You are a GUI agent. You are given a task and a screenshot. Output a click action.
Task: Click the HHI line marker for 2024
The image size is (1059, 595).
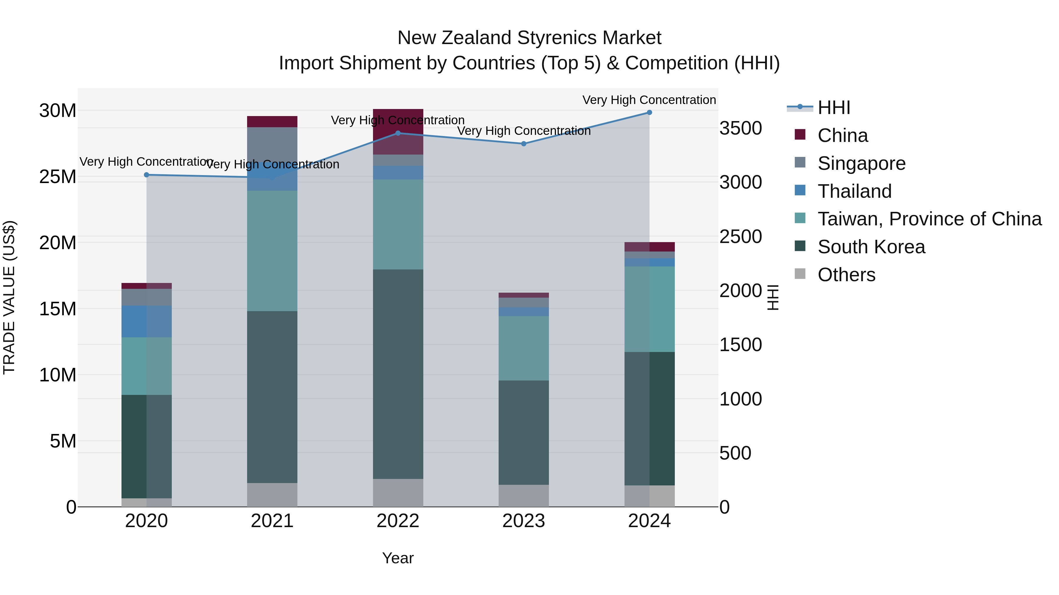(649, 112)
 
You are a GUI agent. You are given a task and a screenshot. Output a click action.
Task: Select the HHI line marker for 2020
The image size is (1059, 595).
(146, 175)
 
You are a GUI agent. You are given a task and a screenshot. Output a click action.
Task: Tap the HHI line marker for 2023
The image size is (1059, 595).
(523, 144)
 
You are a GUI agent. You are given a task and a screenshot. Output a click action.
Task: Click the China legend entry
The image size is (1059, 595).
(842, 135)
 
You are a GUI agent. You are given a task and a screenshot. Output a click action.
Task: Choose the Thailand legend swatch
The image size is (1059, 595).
(800, 190)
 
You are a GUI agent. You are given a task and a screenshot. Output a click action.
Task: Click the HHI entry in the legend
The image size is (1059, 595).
(833, 108)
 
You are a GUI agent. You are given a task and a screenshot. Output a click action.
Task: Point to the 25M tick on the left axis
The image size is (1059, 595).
(58, 177)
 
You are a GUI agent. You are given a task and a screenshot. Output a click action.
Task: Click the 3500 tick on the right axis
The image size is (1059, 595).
(740, 128)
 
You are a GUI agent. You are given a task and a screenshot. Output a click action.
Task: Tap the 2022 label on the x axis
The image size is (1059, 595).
(397, 521)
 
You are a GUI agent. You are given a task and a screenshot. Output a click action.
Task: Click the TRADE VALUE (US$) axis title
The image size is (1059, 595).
(9, 297)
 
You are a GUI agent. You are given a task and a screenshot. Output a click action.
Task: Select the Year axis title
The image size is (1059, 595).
(397, 558)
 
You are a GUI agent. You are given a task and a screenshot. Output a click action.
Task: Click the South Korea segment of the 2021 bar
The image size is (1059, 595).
(272, 396)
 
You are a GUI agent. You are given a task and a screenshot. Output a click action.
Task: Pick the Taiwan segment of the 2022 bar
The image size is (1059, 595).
(397, 224)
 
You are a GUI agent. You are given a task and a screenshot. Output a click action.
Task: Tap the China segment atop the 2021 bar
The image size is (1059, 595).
(272, 122)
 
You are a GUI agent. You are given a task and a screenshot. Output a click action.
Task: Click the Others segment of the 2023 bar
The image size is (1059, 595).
(523, 496)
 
